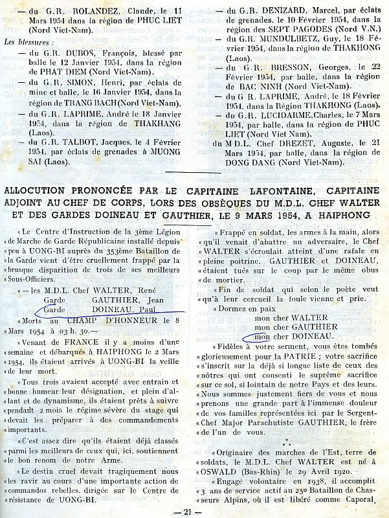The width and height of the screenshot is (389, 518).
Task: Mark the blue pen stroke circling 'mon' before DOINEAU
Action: (x=252, y=337)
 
